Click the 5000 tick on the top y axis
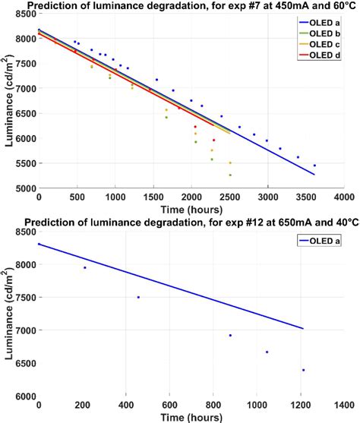25,188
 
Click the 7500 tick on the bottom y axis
25,298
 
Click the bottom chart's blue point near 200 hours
84,267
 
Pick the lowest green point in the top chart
230,175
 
